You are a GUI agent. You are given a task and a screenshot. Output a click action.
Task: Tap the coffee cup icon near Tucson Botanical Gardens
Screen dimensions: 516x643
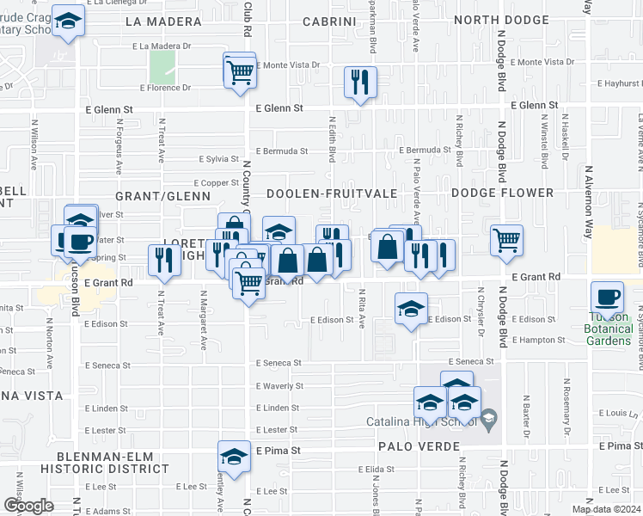point(608,297)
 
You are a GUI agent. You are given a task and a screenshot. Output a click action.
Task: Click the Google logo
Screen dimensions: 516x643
point(28,506)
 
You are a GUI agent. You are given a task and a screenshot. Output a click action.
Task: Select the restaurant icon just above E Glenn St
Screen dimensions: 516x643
point(359,83)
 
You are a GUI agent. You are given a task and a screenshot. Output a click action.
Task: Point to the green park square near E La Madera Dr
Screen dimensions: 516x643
point(162,67)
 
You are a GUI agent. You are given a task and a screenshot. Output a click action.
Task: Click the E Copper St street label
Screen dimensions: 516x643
point(216,183)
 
